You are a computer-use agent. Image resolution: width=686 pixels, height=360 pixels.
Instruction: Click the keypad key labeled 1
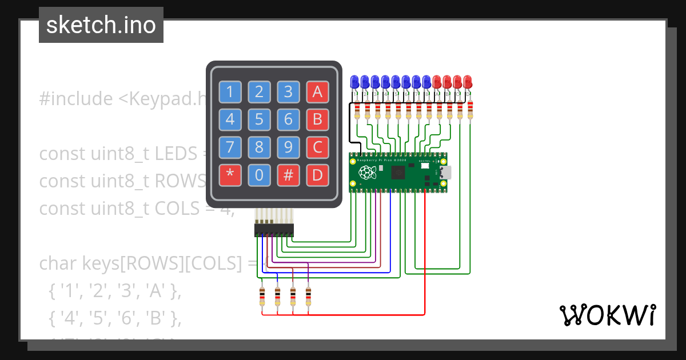click(x=230, y=91)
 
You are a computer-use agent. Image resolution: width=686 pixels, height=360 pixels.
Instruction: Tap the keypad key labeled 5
click(x=259, y=119)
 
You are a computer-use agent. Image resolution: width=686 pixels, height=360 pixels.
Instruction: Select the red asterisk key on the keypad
click(x=230, y=175)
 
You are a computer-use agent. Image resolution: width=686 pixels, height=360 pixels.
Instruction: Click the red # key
click(x=288, y=175)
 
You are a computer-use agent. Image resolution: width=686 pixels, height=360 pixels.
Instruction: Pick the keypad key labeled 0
click(x=259, y=175)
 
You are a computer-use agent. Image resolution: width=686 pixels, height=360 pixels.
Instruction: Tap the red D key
click(x=317, y=175)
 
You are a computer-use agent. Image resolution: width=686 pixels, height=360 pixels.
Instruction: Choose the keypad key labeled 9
click(x=288, y=147)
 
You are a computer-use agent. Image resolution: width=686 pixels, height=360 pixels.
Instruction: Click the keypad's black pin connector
click(x=274, y=230)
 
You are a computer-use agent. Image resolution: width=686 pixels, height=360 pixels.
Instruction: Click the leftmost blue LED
click(x=355, y=81)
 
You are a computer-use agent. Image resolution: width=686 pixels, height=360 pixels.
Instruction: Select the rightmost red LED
click(x=468, y=81)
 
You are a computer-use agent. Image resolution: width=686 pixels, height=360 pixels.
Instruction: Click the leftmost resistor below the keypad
click(x=262, y=297)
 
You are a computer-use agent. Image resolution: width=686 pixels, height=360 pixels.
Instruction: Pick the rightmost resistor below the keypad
click(x=308, y=297)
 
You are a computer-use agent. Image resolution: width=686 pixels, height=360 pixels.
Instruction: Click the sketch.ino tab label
click(x=101, y=25)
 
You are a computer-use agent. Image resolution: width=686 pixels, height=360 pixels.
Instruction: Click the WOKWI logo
click(x=607, y=315)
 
